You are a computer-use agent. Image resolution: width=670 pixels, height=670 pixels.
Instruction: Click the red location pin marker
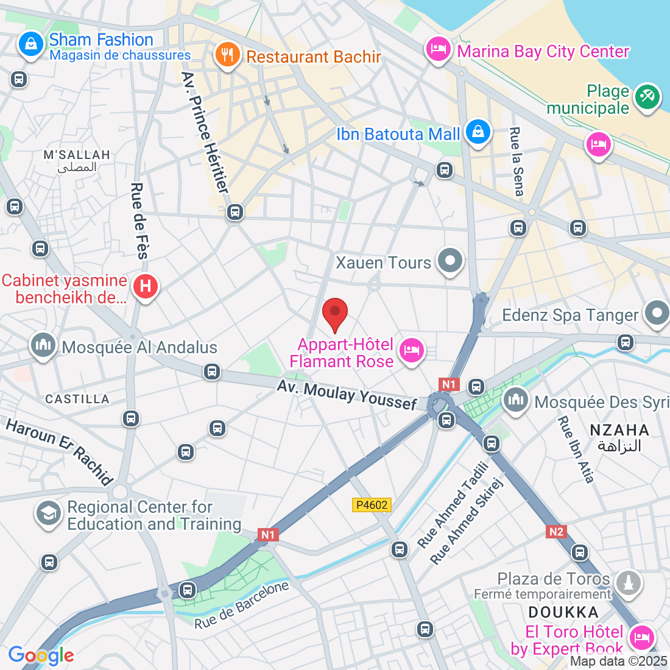[x=334, y=314]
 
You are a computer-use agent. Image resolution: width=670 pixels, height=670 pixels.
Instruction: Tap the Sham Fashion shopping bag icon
[x=30, y=44]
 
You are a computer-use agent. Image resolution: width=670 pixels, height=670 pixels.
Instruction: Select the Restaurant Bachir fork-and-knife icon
[x=227, y=55]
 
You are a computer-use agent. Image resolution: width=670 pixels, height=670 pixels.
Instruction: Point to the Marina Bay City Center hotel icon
[x=438, y=49]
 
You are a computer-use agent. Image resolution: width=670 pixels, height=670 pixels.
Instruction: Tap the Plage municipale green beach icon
[x=647, y=97]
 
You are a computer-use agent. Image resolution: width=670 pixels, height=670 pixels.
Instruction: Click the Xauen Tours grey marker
[x=451, y=261]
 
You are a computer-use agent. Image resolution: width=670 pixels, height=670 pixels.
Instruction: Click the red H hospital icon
[x=146, y=286]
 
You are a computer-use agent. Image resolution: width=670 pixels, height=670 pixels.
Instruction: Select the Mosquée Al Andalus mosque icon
[x=43, y=345]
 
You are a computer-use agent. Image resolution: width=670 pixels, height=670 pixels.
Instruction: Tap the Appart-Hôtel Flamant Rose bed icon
[x=412, y=350]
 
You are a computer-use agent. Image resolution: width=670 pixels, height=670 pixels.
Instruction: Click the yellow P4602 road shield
[x=372, y=505]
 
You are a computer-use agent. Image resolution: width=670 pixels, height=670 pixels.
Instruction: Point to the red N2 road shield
[x=556, y=532]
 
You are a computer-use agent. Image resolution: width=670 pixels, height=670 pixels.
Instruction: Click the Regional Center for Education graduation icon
[x=48, y=513]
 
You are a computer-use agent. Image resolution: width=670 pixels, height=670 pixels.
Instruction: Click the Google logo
[x=41, y=655]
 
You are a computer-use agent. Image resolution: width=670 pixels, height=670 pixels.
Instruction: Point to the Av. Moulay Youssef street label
[x=347, y=395]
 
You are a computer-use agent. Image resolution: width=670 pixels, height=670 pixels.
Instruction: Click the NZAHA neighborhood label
[x=619, y=430]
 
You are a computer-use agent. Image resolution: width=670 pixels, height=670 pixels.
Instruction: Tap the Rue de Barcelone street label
[x=242, y=605]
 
